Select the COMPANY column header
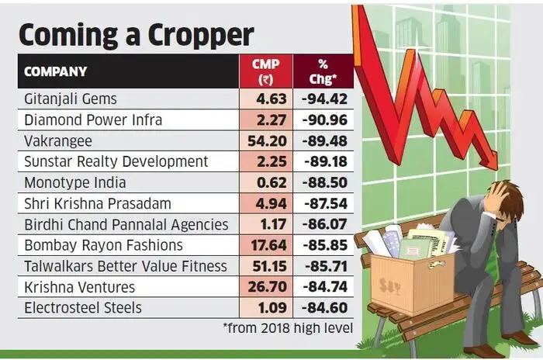tap(56, 72)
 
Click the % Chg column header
tap(323, 71)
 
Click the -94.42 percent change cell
tap(323, 99)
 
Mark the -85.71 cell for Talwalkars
tap(323, 266)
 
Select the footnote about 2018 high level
tap(287, 328)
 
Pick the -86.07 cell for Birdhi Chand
tap(323, 224)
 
